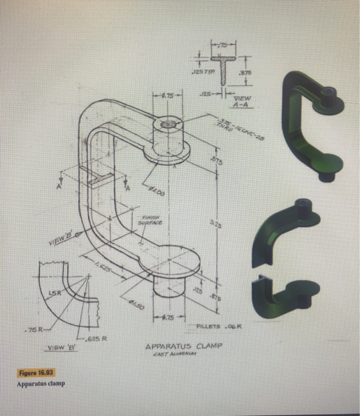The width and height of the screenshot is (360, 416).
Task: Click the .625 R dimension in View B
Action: tap(95, 339)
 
